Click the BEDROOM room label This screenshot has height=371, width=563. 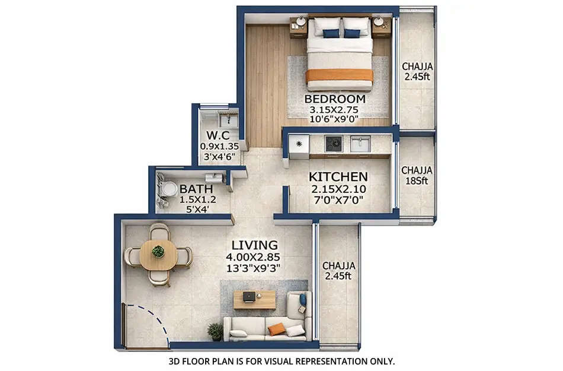[x=334, y=99]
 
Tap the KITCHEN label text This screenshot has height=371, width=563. [x=339, y=177]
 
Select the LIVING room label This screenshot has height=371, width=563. [x=254, y=245]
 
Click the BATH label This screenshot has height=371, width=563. [x=180, y=190]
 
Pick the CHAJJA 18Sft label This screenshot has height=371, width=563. [x=417, y=176]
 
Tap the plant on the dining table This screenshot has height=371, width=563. [x=158, y=251]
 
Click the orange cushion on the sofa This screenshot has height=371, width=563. [x=276, y=329]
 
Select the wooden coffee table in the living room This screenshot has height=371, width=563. [x=254, y=300]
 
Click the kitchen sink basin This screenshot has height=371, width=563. [x=360, y=143]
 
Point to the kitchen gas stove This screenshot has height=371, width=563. [x=333, y=143]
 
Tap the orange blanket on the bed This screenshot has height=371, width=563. [x=340, y=75]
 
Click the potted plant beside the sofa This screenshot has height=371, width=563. [x=215, y=331]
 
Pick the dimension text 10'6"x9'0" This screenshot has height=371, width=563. [x=334, y=119]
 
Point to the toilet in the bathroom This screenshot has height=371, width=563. [x=169, y=189]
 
